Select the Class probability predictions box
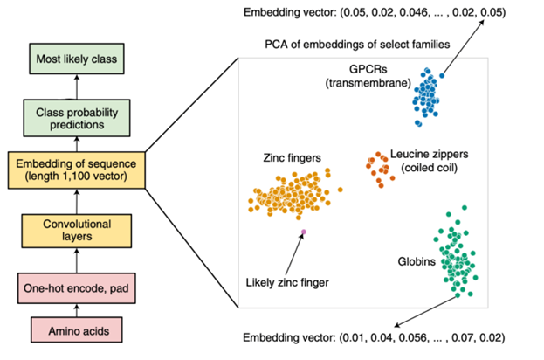coord(78,117)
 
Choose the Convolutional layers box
coord(78,229)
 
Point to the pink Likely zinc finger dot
coord(304,232)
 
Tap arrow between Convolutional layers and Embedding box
coord(78,201)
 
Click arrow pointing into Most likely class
coord(78,86)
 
